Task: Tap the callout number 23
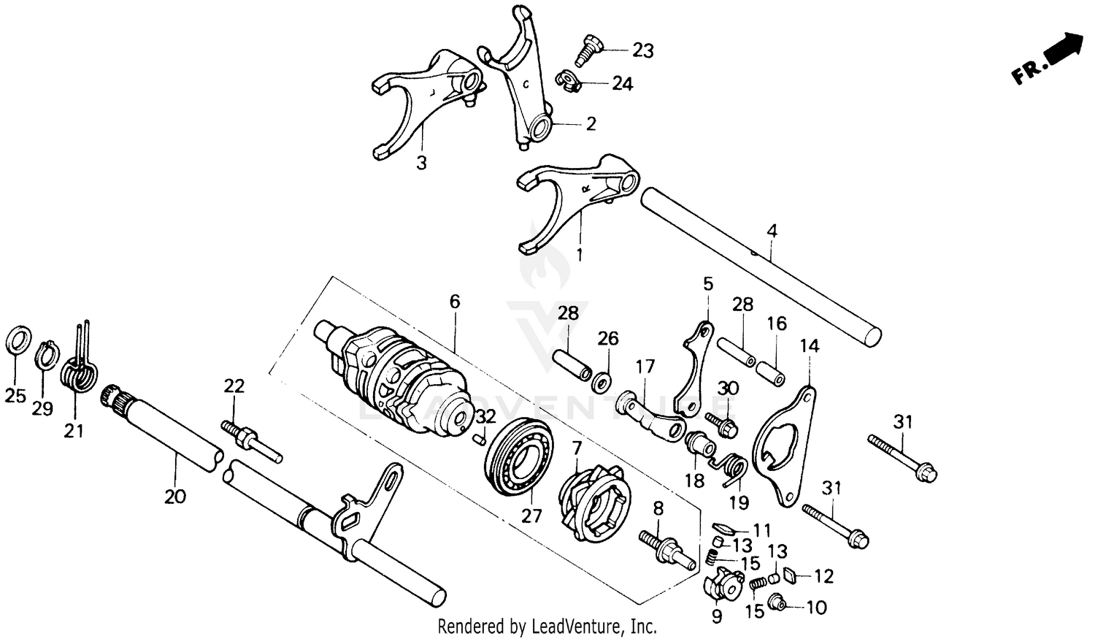point(642,50)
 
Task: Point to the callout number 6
point(455,301)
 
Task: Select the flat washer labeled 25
point(18,340)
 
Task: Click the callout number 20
point(174,497)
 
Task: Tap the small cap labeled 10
point(778,604)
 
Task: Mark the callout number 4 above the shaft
point(772,232)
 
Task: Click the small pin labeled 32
point(480,439)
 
